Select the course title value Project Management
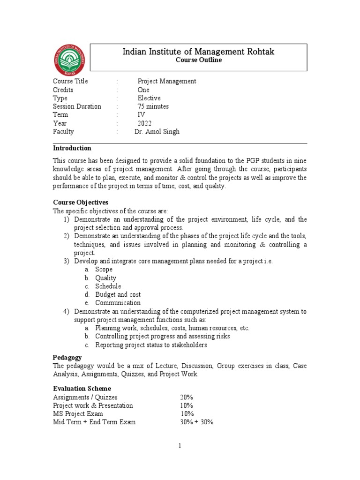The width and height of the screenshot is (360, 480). [166, 81]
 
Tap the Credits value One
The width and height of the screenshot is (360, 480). [143, 90]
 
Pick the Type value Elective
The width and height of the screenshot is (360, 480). [149, 98]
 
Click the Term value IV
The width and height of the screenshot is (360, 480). [141, 115]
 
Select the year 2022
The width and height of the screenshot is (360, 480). [144, 123]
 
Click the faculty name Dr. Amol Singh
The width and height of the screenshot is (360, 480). [157, 132]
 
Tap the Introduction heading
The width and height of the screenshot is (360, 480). [72, 148]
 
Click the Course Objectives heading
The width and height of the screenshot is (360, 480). [80, 202]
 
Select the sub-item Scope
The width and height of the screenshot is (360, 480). [104, 270]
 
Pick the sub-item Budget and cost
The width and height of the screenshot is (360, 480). [118, 295]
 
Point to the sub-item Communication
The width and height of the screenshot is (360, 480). [118, 303]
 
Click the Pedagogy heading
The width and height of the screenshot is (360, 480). [68, 357]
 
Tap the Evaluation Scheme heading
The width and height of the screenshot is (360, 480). [82, 389]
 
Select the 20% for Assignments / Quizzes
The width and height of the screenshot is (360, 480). [187, 397]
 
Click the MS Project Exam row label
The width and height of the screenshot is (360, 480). [78, 414]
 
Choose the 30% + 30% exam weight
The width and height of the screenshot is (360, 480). [196, 422]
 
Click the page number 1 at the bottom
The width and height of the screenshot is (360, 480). [180, 447]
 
